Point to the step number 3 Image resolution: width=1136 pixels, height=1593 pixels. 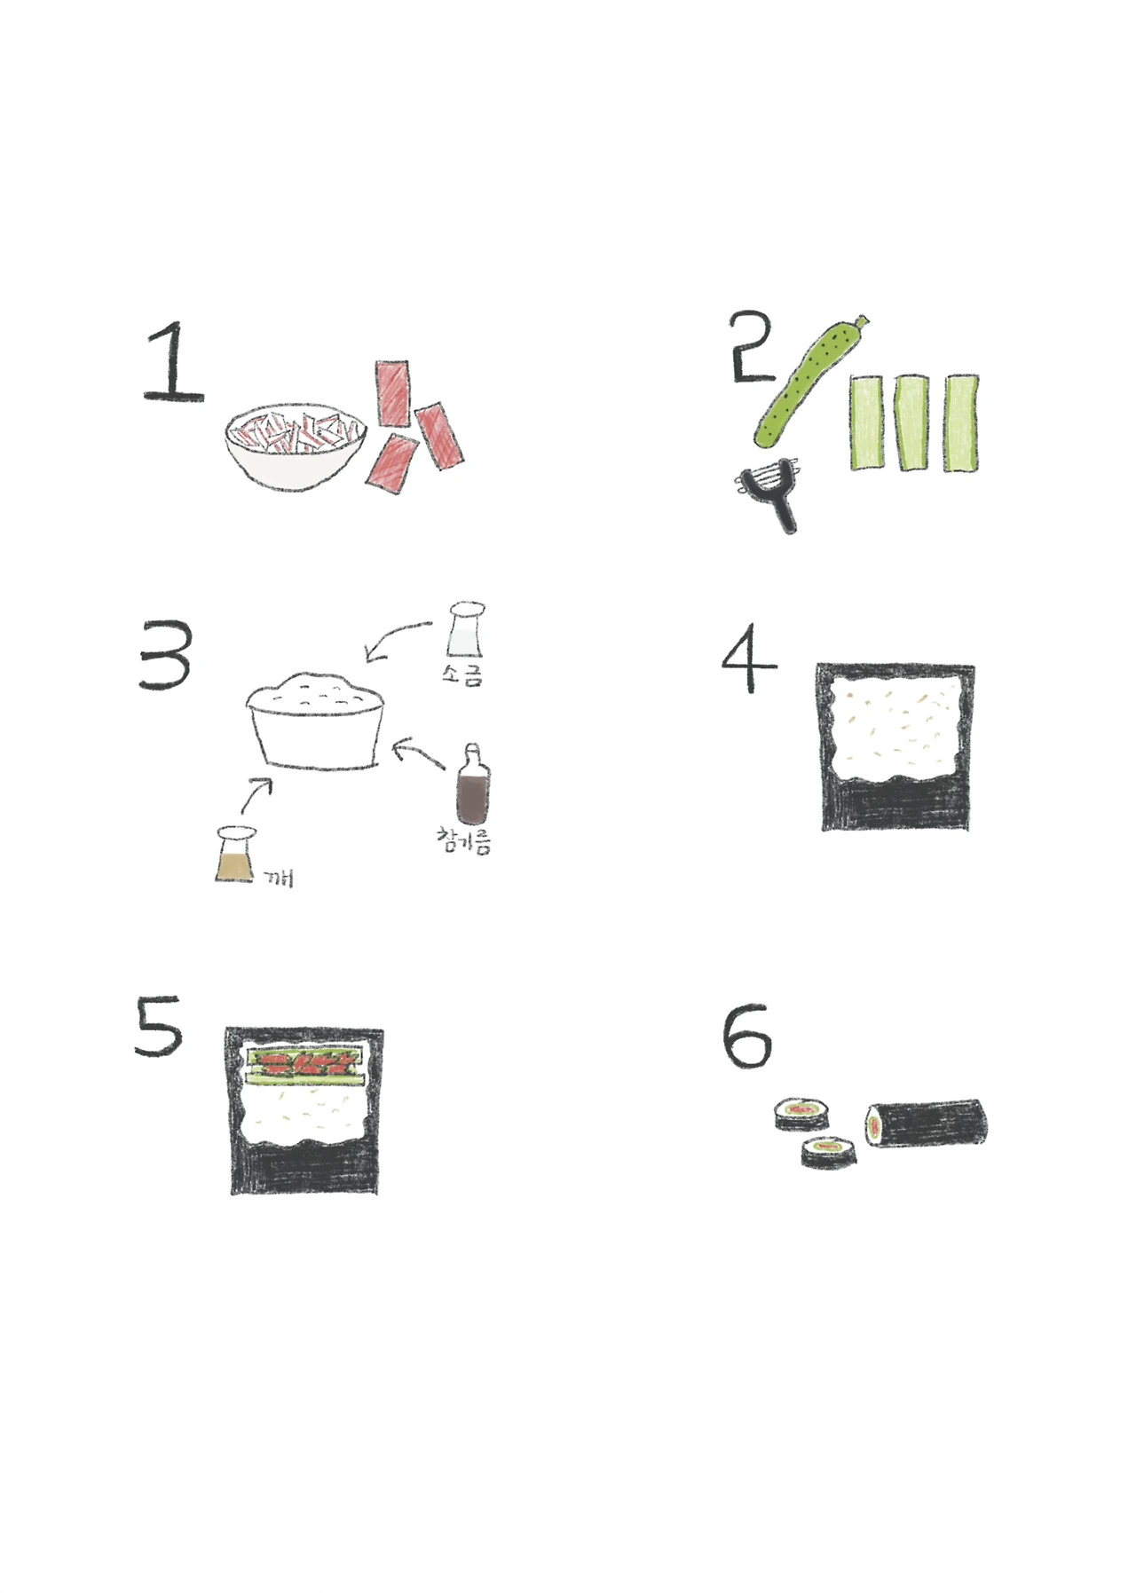pos(166,655)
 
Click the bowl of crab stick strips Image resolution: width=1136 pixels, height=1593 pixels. pos(296,448)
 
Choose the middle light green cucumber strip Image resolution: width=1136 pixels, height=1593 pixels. pos(911,422)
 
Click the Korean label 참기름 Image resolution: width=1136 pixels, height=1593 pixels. pos(463,840)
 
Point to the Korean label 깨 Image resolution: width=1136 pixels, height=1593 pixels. pos(279,878)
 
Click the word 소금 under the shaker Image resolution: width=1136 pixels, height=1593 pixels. pos(462,674)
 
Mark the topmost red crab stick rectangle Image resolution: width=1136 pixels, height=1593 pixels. pos(393,391)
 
